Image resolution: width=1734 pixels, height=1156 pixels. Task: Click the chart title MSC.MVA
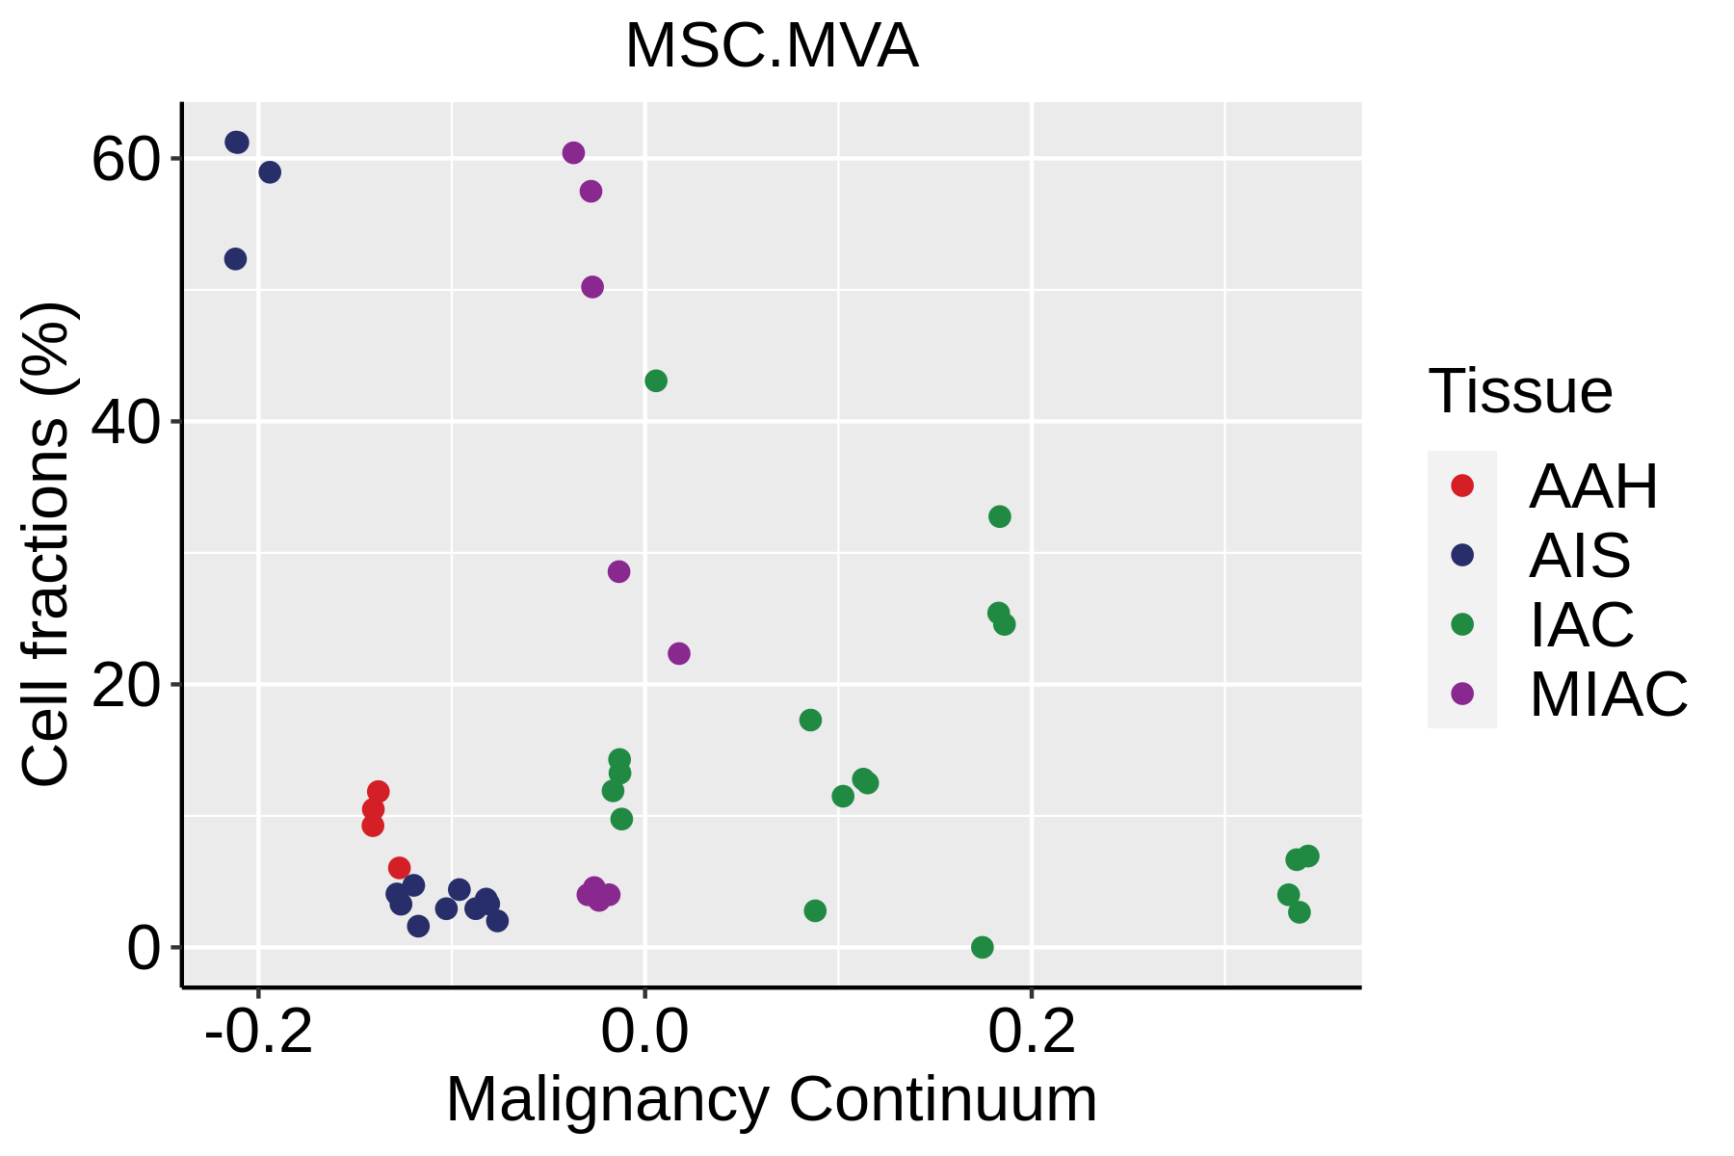tap(772, 46)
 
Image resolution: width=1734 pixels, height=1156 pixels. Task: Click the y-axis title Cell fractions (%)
tap(46, 544)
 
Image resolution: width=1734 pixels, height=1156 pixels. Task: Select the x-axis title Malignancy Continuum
tap(771, 1099)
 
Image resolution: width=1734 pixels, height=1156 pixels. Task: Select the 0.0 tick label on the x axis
tap(644, 1031)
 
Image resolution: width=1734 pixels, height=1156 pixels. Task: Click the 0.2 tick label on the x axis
tap(1032, 1031)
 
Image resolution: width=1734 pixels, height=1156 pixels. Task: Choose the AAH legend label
tap(1593, 486)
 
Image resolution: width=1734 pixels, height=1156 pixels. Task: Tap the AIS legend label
tap(1580, 555)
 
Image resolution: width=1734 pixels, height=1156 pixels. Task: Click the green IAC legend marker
tap(1462, 624)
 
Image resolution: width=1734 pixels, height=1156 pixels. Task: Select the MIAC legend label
tap(1608, 694)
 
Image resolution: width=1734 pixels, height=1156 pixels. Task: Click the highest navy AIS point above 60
tap(237, 143)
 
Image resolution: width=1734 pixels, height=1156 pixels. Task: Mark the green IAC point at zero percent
tap(983, 947)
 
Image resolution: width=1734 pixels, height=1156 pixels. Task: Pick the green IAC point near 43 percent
tap(656, 381)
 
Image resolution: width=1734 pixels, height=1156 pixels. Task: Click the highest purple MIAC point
tap(573, 153)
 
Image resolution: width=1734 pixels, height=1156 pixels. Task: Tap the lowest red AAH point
tap(399, 868)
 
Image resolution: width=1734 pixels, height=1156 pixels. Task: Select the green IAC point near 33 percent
tap(1000, 516)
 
